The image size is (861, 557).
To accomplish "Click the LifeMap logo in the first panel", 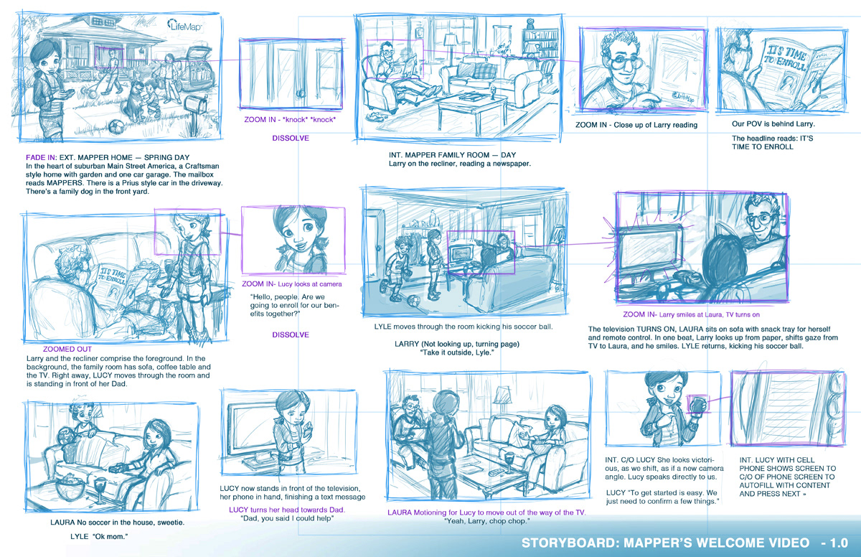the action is pos(184,25).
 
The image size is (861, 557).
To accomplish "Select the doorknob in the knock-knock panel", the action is pos(301,93).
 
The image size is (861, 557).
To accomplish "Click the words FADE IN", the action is pos(41,158).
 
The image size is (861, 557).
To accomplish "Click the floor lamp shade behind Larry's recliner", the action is pos(449,39).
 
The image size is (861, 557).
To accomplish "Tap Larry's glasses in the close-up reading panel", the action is pos(621,62).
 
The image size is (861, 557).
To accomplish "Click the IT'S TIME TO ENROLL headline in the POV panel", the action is pos(787,58).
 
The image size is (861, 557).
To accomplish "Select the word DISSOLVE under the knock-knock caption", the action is pos(291,138).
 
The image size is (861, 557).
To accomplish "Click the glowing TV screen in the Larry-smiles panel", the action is pos(649,251).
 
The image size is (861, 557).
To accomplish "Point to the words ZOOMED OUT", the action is pos(67,349).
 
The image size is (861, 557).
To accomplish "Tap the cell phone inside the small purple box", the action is pos(697,404).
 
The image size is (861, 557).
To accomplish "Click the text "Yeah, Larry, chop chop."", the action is pos(487,521).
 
